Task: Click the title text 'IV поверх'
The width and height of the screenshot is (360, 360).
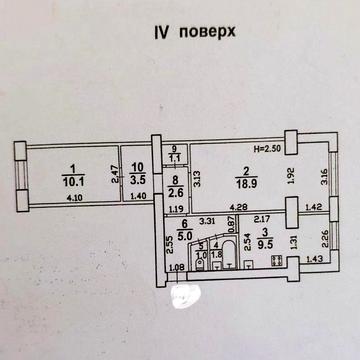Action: pos(181,31)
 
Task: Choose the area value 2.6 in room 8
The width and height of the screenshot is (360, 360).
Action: pos(175,195)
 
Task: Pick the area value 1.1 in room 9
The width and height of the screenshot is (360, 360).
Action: pos(174,158)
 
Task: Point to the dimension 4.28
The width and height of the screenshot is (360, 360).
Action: pos(239,206)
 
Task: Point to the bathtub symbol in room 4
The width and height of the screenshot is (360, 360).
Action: pos(230,251)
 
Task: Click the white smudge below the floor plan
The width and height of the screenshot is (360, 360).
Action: pos(187,294)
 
